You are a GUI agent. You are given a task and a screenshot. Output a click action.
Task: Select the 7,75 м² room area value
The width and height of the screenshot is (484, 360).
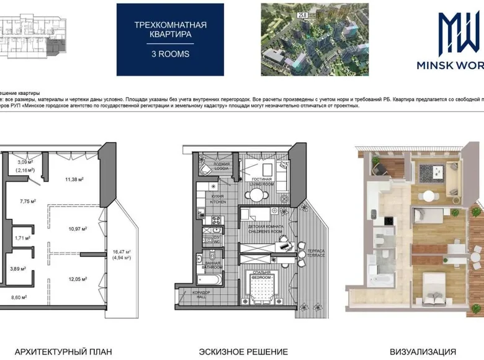click(x=27, y=201)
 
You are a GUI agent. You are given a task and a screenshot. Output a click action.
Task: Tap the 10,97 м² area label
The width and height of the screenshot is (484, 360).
click(x=77, y=228)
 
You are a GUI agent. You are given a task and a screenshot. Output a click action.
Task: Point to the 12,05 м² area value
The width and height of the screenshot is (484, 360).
click(x=77, y=279)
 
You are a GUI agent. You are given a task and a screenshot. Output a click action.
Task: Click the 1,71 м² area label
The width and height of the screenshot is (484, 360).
click(x=23, y=238)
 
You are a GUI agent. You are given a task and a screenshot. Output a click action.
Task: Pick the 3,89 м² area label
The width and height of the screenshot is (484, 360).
click(x=18, y=268)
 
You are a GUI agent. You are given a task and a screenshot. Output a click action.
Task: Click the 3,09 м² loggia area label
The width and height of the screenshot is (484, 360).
click(x=24, y=162)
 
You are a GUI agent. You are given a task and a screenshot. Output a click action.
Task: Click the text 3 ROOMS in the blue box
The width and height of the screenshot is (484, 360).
click(x=171, y=54)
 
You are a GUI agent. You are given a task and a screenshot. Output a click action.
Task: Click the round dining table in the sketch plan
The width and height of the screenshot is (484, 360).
click(x=258, y=194)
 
